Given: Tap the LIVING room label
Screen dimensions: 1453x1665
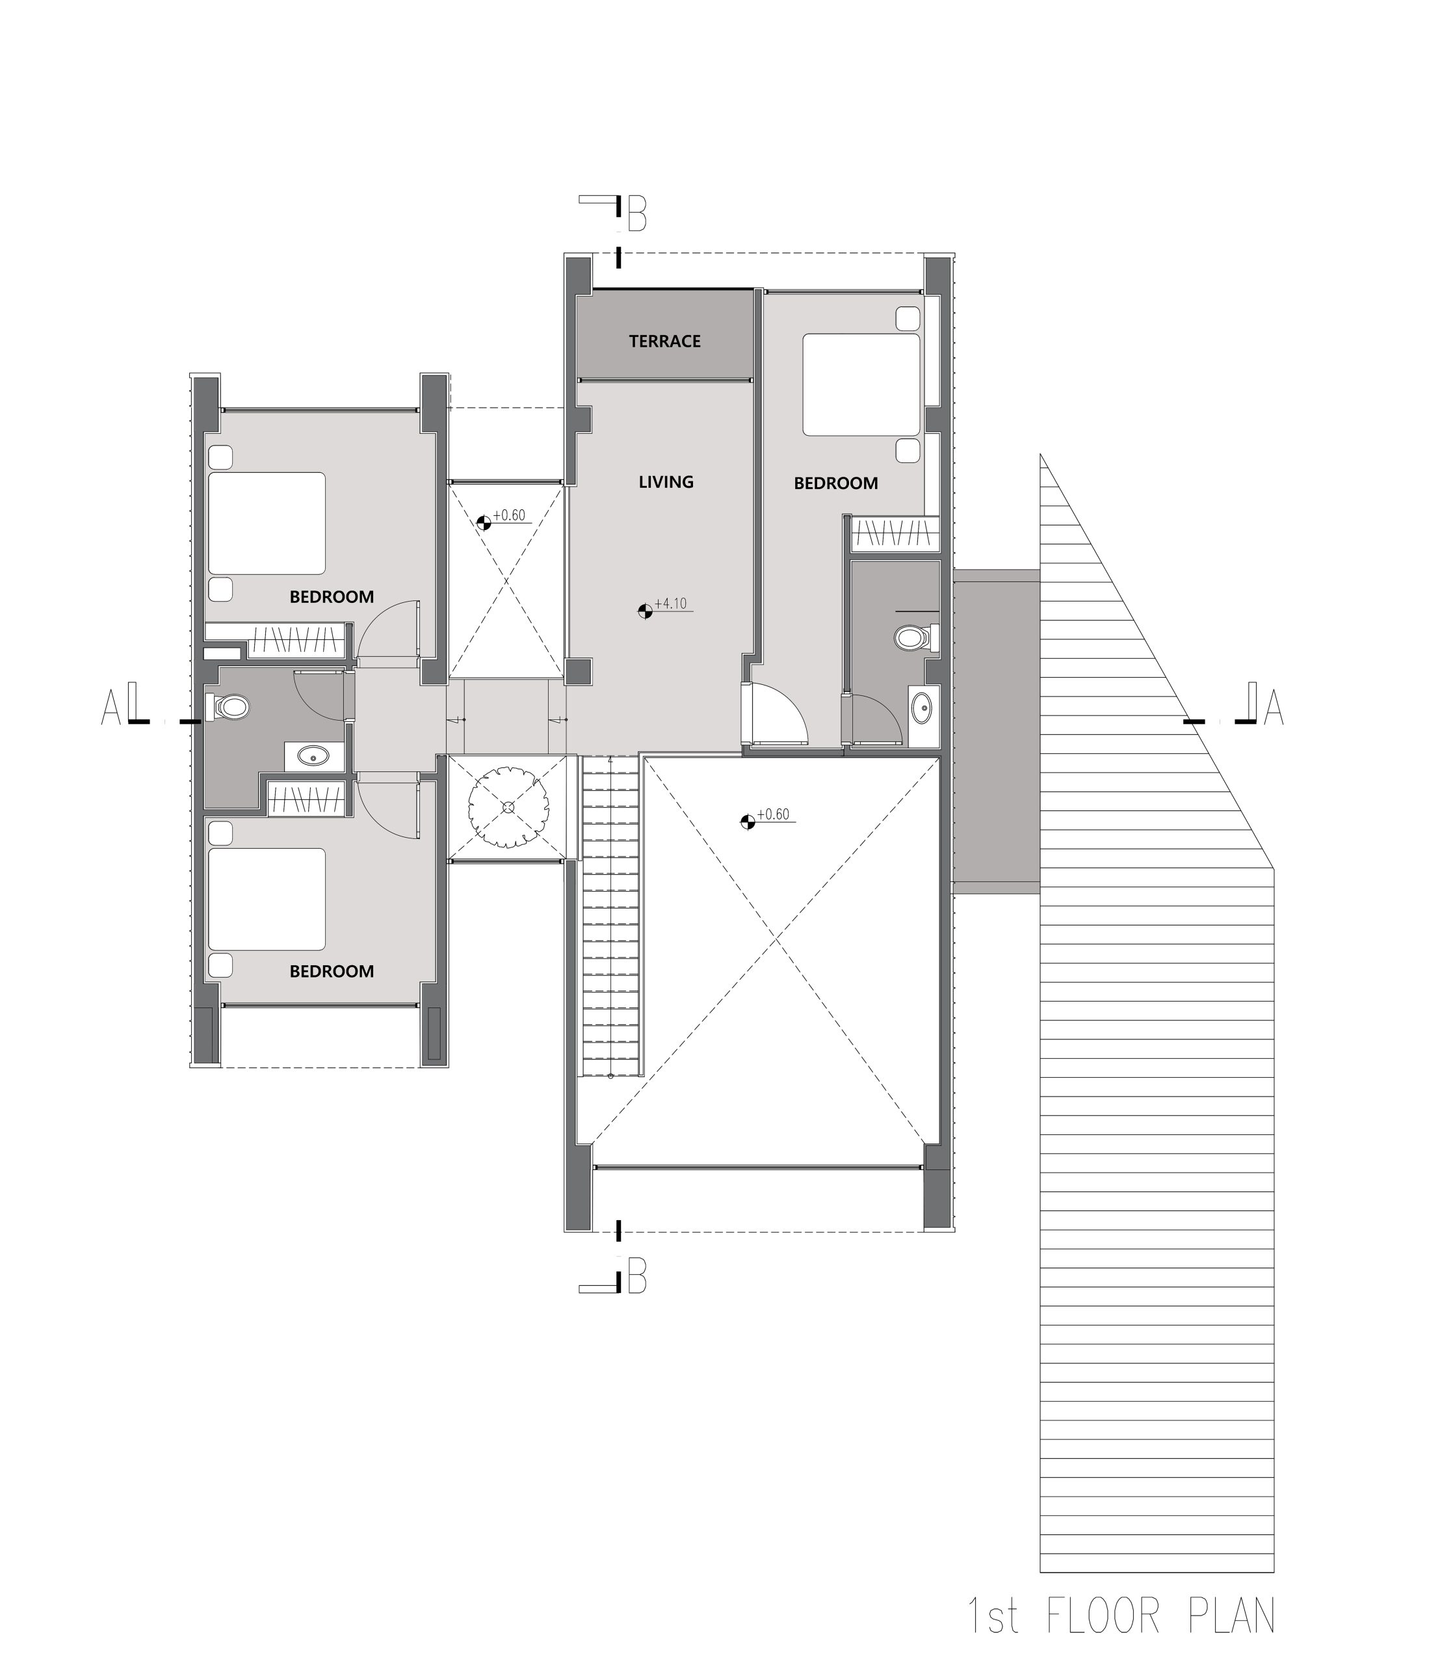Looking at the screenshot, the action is (x=666, y=482).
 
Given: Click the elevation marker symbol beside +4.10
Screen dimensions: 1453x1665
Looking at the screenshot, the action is (x=645, y=611).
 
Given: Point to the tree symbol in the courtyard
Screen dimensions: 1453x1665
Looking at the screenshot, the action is (x=508, y=807).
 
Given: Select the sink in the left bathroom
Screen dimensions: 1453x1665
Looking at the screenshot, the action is (x=312, y=756).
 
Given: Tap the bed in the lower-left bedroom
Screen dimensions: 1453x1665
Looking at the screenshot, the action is (x=267, y=899).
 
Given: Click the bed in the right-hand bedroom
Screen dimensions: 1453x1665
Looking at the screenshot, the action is (x=861, y=384).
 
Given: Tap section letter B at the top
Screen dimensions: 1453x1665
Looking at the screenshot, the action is (x=637, y=213).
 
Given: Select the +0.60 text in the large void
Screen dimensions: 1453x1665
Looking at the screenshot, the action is (x=773, y=814).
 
